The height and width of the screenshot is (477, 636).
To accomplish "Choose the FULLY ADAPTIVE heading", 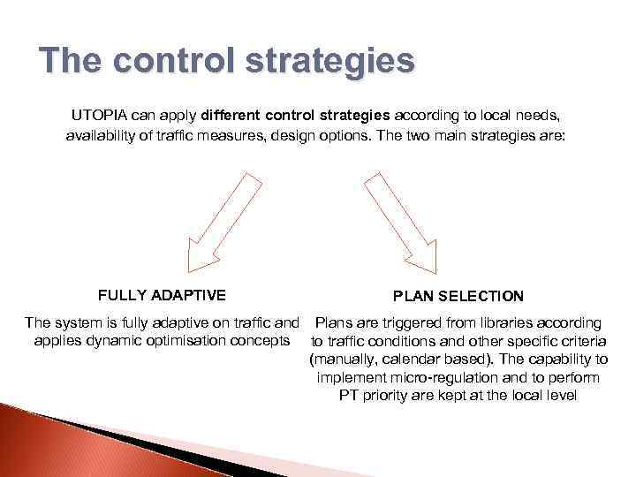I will (162, 295).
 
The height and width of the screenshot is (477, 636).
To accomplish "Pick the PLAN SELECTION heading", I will (458, 297).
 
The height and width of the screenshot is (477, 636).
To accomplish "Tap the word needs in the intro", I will (536, 115).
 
